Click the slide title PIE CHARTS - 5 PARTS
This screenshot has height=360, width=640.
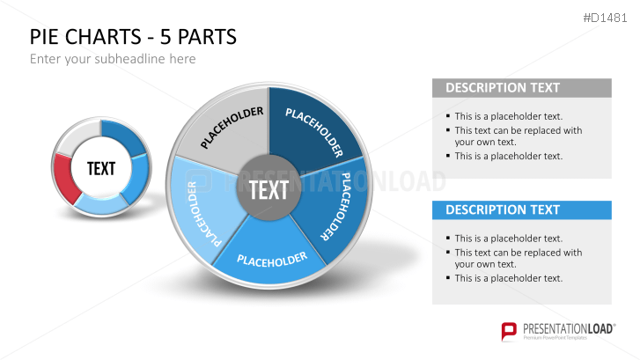click(133, 38)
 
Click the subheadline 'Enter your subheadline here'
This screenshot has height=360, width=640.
click(113, 59)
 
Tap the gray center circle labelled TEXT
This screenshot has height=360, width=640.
click(269, 189)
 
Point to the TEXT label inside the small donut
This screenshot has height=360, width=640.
click(101, 168)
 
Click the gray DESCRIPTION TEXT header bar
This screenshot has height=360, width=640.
click(521, 88)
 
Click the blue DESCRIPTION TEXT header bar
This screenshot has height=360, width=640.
click(521, 210)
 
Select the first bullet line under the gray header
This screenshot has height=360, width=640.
click(508, 116)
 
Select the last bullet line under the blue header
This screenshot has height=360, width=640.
click(508, 278)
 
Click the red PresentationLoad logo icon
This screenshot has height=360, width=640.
click(509, 331)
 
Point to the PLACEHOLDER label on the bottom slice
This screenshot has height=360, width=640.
click(272, 259)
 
